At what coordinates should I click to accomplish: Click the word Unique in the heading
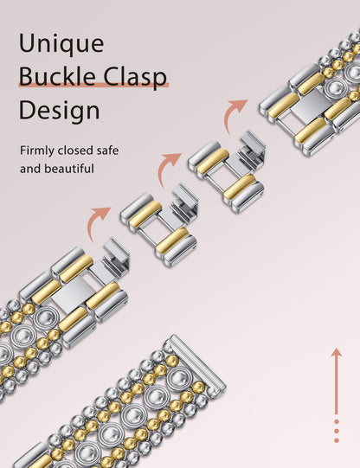click(61, 44)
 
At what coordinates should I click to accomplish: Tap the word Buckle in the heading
click(57, 76)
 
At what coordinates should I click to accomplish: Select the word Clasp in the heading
click(135, 77)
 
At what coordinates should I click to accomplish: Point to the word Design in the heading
click(59, 110)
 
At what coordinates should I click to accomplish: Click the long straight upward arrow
click(337, 381)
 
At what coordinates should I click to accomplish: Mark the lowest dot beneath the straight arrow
click(337, 440)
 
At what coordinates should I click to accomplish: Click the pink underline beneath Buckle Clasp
click(93, 85)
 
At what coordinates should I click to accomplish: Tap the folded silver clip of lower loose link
click(184, 201)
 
